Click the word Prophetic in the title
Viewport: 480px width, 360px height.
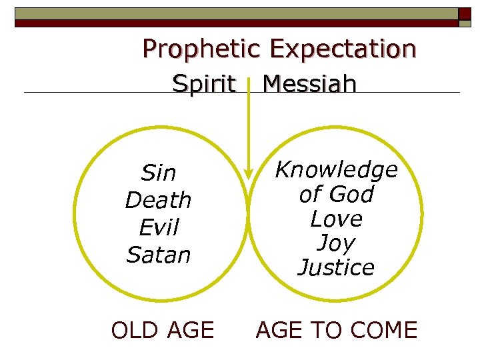point(202,49)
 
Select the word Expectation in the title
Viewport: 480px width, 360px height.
point(343,49)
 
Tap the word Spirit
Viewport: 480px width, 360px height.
point(204,84)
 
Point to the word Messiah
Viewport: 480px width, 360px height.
point(309,84)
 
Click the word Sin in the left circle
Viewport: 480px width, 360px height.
point(159,173)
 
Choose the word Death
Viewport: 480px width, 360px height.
point(158,200)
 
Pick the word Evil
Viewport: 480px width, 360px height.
point(159,227)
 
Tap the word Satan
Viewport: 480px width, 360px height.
point(158,255)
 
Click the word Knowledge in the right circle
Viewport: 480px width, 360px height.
point(336,170)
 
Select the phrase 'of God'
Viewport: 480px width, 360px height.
point(336,195)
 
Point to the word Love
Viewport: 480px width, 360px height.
point(336,219)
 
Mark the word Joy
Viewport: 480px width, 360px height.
point(336,243)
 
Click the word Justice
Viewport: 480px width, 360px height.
point(336,267)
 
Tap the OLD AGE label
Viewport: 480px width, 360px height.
point(162,330)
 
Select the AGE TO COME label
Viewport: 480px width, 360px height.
point(337,330)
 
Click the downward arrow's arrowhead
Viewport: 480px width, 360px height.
point(248,174)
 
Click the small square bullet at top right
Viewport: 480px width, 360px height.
point(464,14)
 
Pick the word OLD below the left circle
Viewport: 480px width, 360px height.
point(133,330)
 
